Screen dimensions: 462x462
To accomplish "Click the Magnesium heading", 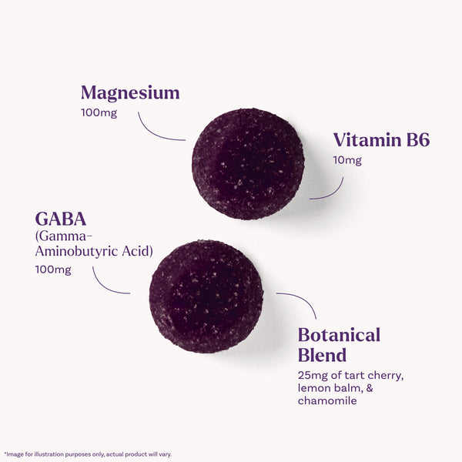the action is tap(130, 93).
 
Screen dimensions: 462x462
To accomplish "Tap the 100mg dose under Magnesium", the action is tap(99, 113).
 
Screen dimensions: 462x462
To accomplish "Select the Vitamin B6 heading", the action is tap(381, 139).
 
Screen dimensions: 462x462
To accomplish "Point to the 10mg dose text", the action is tap(347, 161).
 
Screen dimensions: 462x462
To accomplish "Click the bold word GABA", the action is tap(61, 219).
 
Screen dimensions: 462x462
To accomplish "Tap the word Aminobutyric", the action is tap(76, 251).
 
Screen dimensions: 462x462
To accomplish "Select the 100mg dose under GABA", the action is tap(53, 270).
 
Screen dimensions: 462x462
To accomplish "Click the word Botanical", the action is tap(339, 335).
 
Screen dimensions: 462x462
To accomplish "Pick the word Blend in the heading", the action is tap(322, 355).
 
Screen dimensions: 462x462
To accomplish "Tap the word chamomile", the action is tap(327, 400).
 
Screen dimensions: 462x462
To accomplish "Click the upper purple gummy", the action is tap(248, 164).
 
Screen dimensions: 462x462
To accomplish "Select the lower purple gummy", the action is tap(206, 296).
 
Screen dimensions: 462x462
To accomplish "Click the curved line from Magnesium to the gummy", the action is tap(153, 133).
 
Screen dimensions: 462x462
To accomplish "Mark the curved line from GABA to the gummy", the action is tap(105, 287).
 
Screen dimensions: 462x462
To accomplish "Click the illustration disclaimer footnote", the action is tap(88, 454).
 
